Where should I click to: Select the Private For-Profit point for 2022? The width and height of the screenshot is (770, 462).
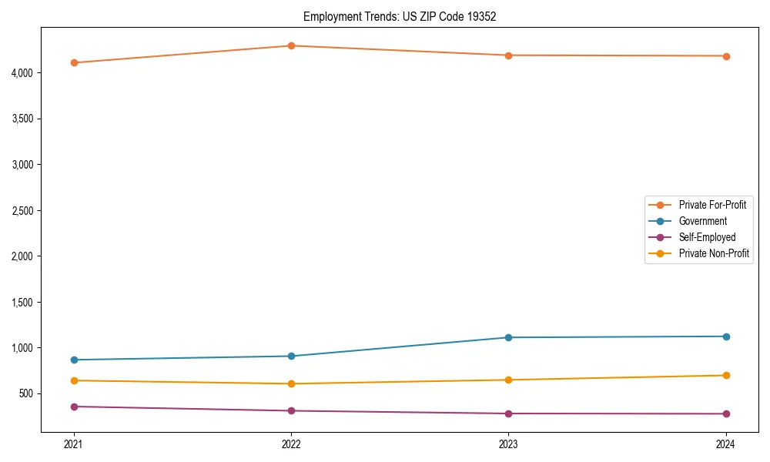tap(291, 45)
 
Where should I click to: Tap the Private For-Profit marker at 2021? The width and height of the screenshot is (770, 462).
tap(74, 62)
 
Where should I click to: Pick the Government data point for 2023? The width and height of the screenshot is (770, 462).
tap(508, 337)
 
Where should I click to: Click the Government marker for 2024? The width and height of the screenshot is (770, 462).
tap(726, 336)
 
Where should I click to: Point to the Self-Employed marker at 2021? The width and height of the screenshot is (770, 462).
tap(74, 407)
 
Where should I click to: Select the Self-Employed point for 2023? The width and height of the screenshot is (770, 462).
tap(508, 413)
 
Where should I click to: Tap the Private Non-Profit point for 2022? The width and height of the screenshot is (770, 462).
tap(291, 383)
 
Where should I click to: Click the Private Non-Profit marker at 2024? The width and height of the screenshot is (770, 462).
tap(726, 375)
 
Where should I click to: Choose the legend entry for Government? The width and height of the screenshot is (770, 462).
tap(702, 221)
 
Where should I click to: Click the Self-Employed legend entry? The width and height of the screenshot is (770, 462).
tap(707, 237)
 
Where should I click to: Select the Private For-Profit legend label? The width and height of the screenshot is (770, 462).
tap(711, 205)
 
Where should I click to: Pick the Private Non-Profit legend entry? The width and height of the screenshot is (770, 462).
tap(714, 253)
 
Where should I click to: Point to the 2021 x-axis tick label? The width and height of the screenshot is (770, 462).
tap(74, 444)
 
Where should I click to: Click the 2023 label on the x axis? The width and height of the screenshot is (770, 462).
tap(508, 444)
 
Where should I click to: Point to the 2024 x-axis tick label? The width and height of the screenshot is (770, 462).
tap(726, 444)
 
